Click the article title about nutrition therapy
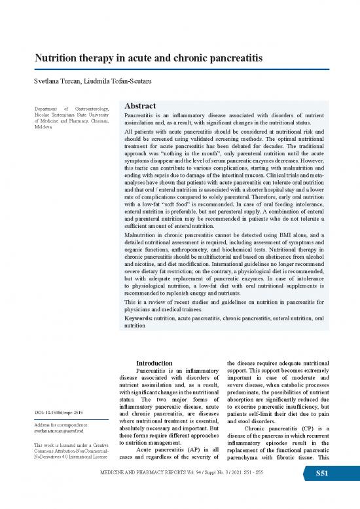tap(149, 59)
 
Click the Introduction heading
tap(154, 363)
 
